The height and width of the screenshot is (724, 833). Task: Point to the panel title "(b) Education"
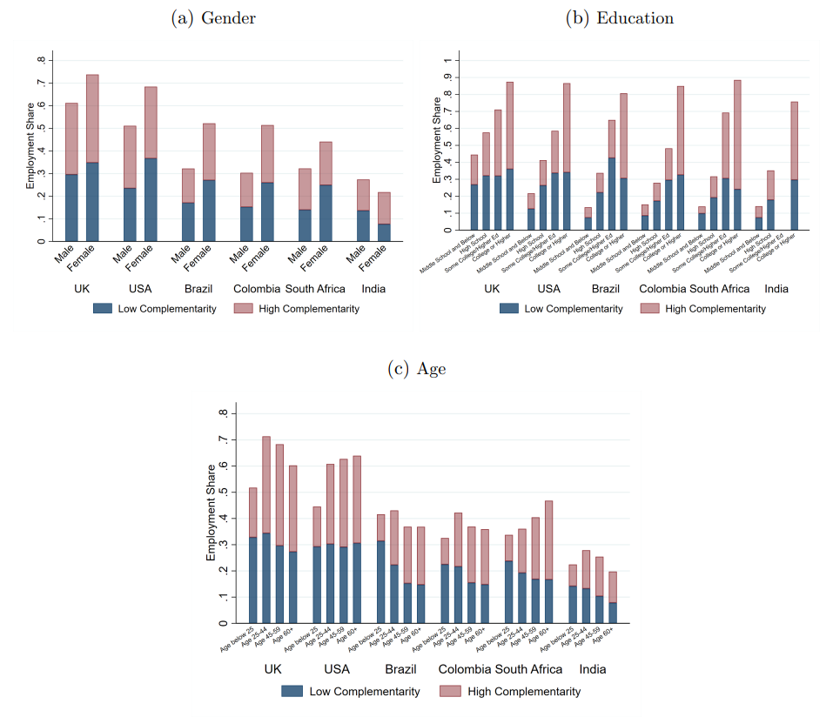point(619,17)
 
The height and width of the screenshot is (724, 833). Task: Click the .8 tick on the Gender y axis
point(41,60)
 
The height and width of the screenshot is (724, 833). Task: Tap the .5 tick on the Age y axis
point(224,493)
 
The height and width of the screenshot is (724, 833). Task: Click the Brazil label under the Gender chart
point(200,289)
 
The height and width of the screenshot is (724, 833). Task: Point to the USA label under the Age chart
point(337,670)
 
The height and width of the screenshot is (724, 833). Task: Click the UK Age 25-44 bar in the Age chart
point(266,530)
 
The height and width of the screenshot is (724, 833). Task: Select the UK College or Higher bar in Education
point(510,157)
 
